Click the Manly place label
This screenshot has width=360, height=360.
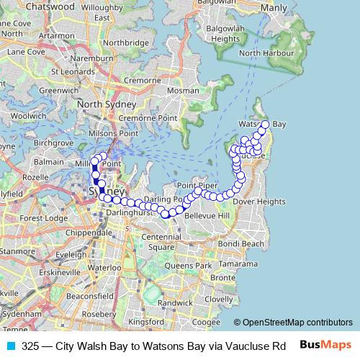point(274,8)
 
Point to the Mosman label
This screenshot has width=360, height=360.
point(182,92)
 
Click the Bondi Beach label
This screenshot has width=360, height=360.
point(242,244)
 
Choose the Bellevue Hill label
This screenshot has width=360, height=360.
point(206,216)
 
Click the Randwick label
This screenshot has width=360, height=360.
point(176,303)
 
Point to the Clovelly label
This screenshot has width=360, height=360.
point(219,299)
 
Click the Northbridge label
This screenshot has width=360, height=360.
point(123,42)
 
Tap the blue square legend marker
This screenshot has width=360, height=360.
point(10,346)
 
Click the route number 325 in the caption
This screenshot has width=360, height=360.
point(30,346)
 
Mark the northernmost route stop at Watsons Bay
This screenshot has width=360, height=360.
point(264,125)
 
